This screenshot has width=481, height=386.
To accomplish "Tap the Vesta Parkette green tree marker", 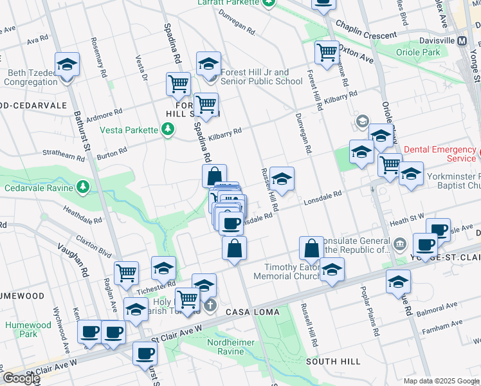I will click(168, 130).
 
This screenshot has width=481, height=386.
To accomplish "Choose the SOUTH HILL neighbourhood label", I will click(332, 362).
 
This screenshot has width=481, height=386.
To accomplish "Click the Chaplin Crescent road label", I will click(366, 36).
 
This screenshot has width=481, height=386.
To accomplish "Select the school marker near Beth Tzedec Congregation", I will click(66, 65).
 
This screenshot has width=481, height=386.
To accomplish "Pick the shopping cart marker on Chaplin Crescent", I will click(327, 51).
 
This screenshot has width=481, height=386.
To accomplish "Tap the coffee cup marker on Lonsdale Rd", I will click(231, 224).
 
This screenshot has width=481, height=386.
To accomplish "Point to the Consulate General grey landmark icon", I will click(399, 244).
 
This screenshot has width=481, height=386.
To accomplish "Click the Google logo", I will click(22, 378).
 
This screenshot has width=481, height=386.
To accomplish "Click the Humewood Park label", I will click(28, 329).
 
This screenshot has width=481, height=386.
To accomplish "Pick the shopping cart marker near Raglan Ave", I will click(127, 273).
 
